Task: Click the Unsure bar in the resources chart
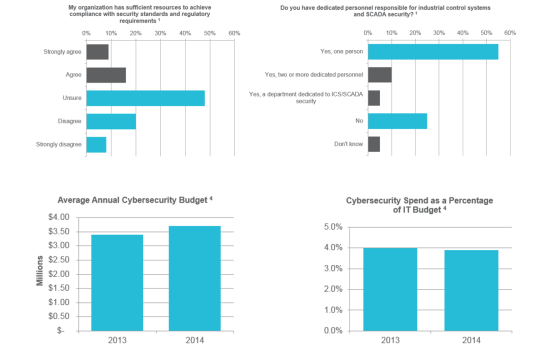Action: coord(145,98)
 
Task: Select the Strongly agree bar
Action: coord(97,52)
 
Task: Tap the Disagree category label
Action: coord(69,121)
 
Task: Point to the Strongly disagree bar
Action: coord(96,144)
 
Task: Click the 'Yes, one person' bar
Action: coord(433,51)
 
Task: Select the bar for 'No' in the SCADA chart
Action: coord(397,121)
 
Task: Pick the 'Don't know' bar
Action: coord(374,144)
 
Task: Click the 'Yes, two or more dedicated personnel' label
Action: coord(313,75)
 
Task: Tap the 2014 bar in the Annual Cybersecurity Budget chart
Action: coord(194,278)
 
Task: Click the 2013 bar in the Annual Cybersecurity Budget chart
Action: coord(117,282)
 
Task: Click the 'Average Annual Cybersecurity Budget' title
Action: coord(132,200)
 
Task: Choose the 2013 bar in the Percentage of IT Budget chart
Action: coord(390,289)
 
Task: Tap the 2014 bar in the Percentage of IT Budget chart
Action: coord(471,290)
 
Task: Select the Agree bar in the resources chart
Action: coord(106,75)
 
